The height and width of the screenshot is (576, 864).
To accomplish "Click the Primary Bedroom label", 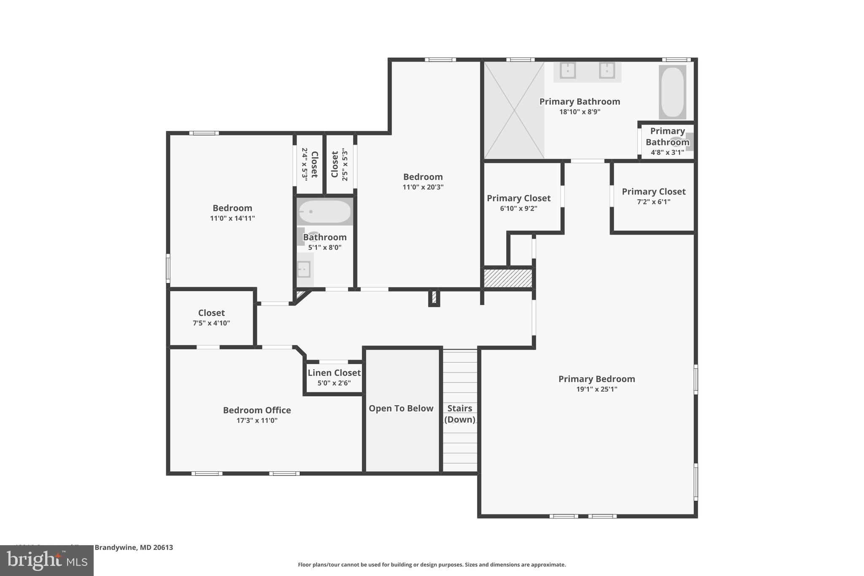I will pos(597,379).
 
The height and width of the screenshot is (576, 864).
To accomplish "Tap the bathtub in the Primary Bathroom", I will pos(672,92).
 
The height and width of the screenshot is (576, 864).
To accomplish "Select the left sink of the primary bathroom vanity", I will pos(568,70).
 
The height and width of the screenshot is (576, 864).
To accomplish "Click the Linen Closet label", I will pos(334,373).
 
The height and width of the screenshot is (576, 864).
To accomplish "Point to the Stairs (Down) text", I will pos(459,414).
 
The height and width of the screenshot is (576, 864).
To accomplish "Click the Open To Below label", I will pos(401,408).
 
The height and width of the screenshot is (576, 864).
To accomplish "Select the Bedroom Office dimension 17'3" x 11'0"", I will pos(256,420).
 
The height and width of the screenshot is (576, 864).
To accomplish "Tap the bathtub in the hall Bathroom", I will pos(324,212).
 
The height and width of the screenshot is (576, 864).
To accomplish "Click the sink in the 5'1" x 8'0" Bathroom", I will pos(304,269).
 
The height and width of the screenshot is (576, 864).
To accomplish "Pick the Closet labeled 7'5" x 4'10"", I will pos(211,317).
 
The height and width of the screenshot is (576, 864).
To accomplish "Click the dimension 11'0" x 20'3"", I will pos(423,187).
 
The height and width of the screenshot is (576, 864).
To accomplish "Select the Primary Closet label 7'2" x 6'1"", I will pos(653,196).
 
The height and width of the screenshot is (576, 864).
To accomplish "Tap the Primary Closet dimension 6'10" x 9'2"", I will pos(518,208).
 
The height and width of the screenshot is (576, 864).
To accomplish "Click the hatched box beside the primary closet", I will pos(508,279).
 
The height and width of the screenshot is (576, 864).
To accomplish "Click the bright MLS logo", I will pos(46,560).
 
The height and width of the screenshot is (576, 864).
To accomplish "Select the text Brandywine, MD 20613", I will pos(133,547).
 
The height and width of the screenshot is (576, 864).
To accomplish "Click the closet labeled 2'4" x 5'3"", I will pos(309,164).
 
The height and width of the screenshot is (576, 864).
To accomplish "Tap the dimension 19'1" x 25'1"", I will pos(597,389).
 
